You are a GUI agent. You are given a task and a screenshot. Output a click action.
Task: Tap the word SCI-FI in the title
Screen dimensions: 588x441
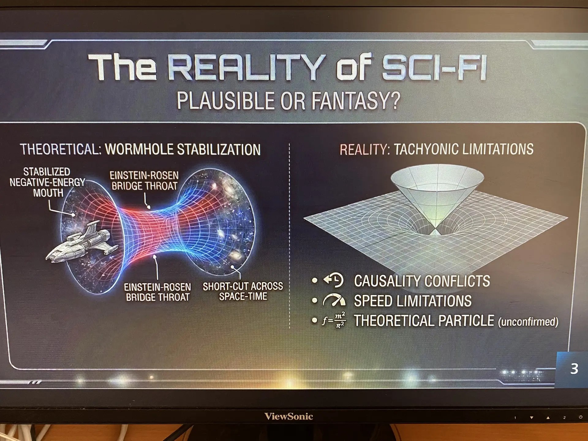point(434,67)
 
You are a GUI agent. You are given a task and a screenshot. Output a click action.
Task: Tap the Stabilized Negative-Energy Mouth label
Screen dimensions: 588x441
point(47,182)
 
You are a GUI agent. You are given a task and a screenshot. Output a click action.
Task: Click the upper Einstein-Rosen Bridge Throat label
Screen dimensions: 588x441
point(144,181)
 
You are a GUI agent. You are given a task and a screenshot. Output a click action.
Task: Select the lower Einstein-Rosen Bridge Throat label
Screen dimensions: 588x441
point(157,292)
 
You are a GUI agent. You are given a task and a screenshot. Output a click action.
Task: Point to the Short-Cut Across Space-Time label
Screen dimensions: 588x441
point(243,291)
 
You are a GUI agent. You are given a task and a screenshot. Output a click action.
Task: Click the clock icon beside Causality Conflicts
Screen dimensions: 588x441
point(334,280)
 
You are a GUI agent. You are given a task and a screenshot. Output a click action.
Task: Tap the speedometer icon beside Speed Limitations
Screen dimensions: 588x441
point(334,300)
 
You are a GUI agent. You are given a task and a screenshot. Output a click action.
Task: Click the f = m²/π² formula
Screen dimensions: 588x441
point(334,320)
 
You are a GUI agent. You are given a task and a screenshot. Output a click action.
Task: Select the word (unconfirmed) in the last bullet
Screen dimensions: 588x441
point(528,322)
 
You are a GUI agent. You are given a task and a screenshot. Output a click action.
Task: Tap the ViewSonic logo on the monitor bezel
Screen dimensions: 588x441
point(288,416)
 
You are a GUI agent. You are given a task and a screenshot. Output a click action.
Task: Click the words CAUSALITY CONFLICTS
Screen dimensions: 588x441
point(422,281)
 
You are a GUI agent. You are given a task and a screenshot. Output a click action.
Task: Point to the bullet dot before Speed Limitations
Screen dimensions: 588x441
point(315,300)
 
